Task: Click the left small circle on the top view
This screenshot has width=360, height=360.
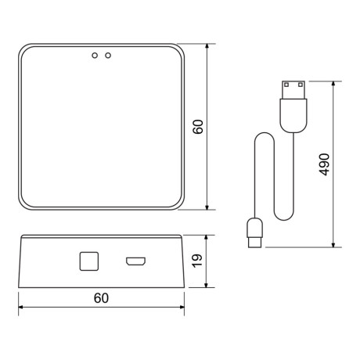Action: tap(95, 56)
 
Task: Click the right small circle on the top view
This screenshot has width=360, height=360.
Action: tap(108, 56)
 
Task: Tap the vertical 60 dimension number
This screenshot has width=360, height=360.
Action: tap(198, 127)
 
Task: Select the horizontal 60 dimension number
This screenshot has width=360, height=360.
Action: tap(101, 298)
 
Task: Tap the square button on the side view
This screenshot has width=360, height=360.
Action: tap(88, 261)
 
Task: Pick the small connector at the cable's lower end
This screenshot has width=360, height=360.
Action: tap(255, 232)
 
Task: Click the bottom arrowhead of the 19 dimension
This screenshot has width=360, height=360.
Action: tap(207, 285)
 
